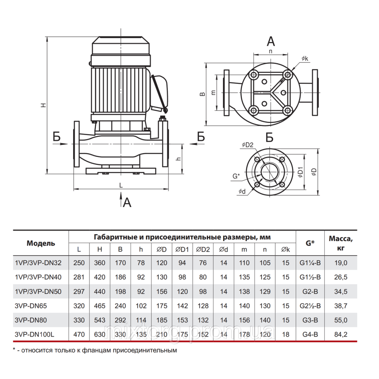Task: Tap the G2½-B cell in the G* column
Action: (x=310, y=306)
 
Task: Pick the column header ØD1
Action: (x=182, y=249)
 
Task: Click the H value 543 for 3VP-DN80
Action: (x=100, y=320)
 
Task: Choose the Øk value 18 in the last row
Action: (x=285, y=334)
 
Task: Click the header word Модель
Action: (x=41, y=243)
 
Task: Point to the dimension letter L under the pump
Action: (x=121, y=185)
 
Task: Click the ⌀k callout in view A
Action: (x=305, y=58)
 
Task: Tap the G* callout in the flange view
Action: (x=236, y=176)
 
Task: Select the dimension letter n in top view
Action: (x=271, y=50)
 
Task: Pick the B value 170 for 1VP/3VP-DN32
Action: (x=120, y=262)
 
